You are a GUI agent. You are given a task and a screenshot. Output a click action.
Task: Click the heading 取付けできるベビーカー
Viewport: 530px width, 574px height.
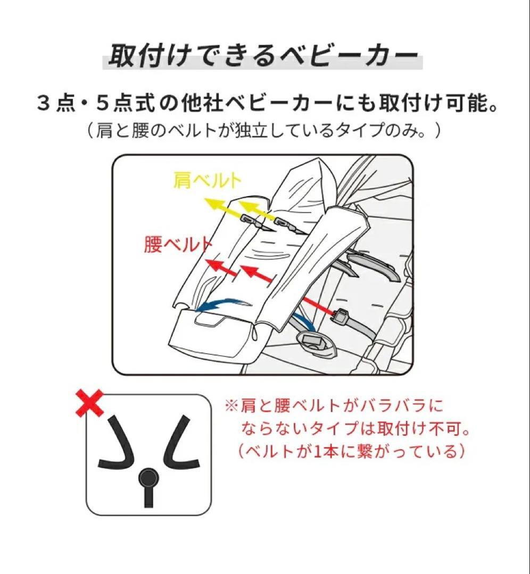click(262, 55)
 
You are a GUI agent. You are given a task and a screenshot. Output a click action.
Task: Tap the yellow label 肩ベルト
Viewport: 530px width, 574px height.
click(207, 181)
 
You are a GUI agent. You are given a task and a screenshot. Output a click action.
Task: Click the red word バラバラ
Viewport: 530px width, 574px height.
click(407, 407)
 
